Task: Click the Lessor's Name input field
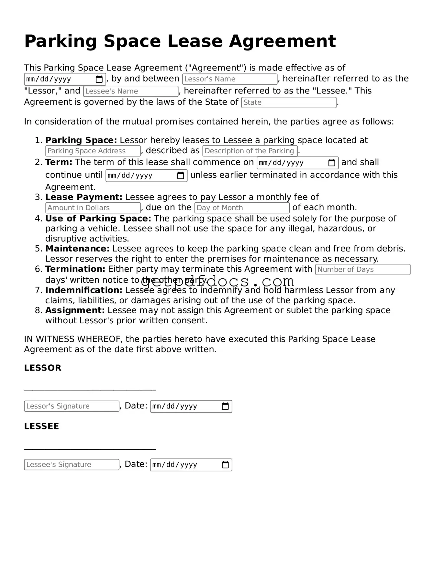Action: [229, 79]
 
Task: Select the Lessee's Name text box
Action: [131, 92]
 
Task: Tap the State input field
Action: [289, 102]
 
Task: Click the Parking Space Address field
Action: [93, 151]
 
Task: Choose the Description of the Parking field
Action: [250, 151]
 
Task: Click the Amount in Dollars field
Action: [93, 208]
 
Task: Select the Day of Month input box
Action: [242, 208]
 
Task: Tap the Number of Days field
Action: [362, 270]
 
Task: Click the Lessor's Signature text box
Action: [72, 406]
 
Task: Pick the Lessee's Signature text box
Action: [72, 465]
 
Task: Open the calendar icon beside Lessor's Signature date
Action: [225, 406]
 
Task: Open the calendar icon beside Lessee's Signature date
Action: [225, 465]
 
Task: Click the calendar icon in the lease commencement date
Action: [332, 163]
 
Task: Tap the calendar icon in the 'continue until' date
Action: [181, 176]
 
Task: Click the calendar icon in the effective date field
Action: [99, 79]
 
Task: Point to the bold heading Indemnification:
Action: [84, 290]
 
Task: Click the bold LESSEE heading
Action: [42, 426]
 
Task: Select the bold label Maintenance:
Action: [77, 249]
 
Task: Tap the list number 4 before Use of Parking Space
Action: [39, 219]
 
